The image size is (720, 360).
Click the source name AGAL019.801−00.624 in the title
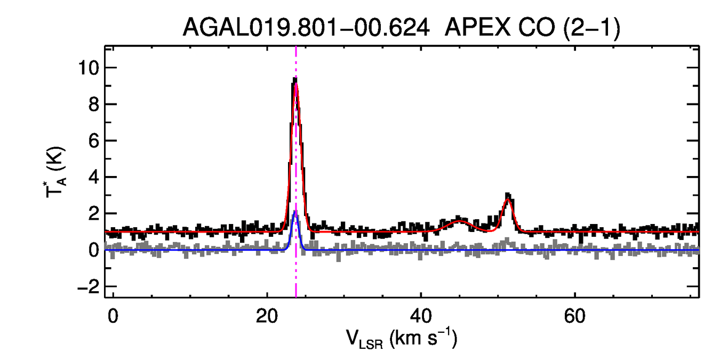pyautogui.click(x=306, y=27)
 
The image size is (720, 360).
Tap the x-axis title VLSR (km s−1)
pyautogui.click(x=403, y=339)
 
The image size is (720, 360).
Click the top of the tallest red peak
pyautogui.click(x=296, y=83)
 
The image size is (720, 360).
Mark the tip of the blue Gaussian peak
pyautogui.click(x=295, y=211)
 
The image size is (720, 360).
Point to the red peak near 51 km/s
pyautogui.click(x=508, y=199)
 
